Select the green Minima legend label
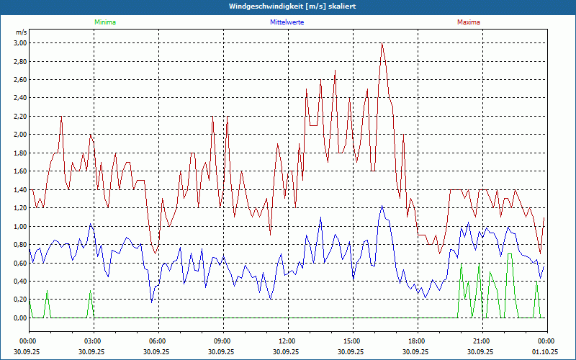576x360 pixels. point(104,22)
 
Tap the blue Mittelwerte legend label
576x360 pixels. point(287,22)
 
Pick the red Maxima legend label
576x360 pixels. point(468,22)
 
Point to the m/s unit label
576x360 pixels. point(21,32)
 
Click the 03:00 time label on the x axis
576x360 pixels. point(93,341)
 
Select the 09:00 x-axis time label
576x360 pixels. point(222,341)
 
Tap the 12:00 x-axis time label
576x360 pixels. point(287,341)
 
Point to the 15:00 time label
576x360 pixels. point(351,341)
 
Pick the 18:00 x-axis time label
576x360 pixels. point(416,341)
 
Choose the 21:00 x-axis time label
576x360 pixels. point(481,341)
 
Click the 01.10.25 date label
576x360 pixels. point(546,351)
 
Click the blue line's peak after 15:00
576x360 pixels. point(382,207)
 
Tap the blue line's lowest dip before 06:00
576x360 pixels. point(152,302)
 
